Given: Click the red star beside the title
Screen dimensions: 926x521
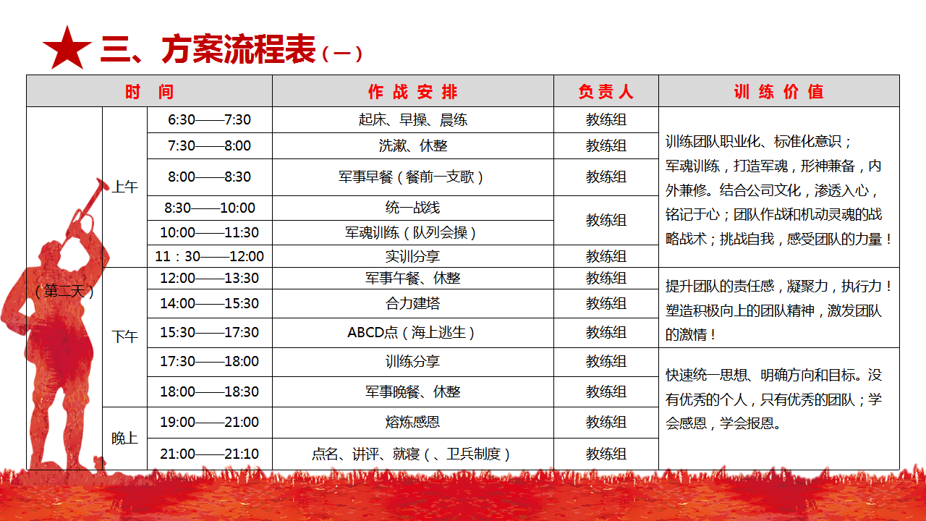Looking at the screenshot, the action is tap(67, 48).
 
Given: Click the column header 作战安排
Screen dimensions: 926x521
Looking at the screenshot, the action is tap(413, 91).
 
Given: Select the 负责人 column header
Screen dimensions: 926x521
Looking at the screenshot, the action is tap(606, 91).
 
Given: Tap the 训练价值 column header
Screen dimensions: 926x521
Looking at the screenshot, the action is tap(779, 91).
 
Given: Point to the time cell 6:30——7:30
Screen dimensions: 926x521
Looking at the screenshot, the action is tap(209, 120).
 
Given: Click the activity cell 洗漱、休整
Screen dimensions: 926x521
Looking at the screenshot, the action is tap(413, 146).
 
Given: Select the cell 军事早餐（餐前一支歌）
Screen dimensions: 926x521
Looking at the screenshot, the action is tap(411, 177).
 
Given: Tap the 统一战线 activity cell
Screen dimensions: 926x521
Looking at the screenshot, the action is tap(412, 208).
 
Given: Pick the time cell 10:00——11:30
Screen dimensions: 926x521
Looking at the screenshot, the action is tap(209, 232).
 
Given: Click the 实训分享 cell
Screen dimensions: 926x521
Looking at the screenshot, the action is tap(412, 256).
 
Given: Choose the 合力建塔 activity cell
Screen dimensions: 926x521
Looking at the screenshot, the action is tap(412, 303).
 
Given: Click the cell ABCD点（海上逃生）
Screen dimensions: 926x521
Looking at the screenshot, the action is tap(411, 332).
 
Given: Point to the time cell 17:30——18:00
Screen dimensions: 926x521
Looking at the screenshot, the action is tap(209, 361).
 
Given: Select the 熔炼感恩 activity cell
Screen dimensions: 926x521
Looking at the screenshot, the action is tap(412, 422).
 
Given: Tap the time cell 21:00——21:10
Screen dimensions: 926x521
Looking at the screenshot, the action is tap(209, 454).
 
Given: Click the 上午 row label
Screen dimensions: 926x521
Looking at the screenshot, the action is tap(125, 187).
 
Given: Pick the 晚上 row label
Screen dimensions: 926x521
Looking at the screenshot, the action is tap(125, 439).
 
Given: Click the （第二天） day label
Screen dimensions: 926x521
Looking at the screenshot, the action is tap(64, 292).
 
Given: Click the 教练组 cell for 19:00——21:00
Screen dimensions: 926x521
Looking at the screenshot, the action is tap(606, 422).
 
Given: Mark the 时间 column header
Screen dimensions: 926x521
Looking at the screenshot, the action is tap(150, 91).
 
